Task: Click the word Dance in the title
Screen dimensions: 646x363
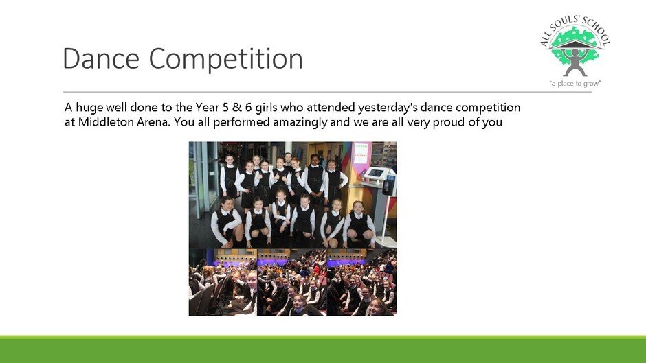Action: coord(101,58)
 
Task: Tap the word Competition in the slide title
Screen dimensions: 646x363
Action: coord(226,59)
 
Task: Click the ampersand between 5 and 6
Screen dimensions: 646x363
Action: coord(236,108)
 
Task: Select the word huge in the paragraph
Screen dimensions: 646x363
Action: coord(89,108)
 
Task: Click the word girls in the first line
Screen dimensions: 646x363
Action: coord(266,108)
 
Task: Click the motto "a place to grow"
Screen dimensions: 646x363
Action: coord(575,84)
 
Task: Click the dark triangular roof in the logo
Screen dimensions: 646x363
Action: coord(575,45)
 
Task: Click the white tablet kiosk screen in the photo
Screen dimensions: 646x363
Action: coord(375,174)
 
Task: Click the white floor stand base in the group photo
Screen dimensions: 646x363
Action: coord(386,243)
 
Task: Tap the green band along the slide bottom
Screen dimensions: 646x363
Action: coord(323,349)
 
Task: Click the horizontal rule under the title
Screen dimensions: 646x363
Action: coord(327,92)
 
